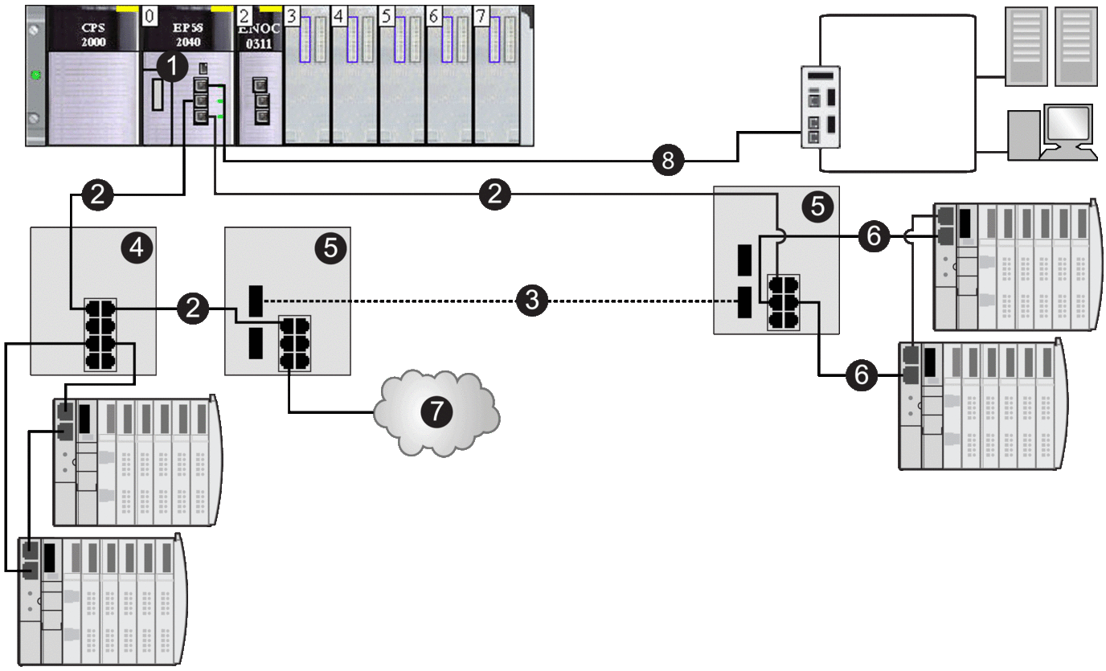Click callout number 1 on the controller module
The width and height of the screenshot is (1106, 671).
171,68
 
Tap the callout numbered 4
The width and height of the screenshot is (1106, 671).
137,249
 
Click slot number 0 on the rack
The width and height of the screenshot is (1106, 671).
150,15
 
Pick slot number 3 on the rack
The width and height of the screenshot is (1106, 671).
293,15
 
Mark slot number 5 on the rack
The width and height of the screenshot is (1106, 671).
387,15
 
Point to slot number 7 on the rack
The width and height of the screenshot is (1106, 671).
481,15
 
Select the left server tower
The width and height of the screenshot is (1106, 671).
1027,46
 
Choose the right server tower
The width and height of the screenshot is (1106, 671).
1075,46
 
